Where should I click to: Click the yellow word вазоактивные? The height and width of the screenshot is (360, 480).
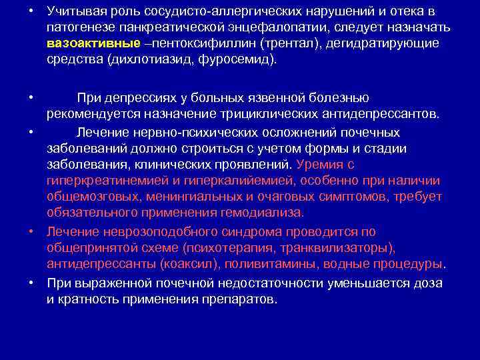93,43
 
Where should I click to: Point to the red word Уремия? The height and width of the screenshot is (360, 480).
319,163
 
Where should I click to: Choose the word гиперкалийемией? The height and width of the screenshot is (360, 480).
231,180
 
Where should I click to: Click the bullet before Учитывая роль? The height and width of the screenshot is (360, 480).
31,12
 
